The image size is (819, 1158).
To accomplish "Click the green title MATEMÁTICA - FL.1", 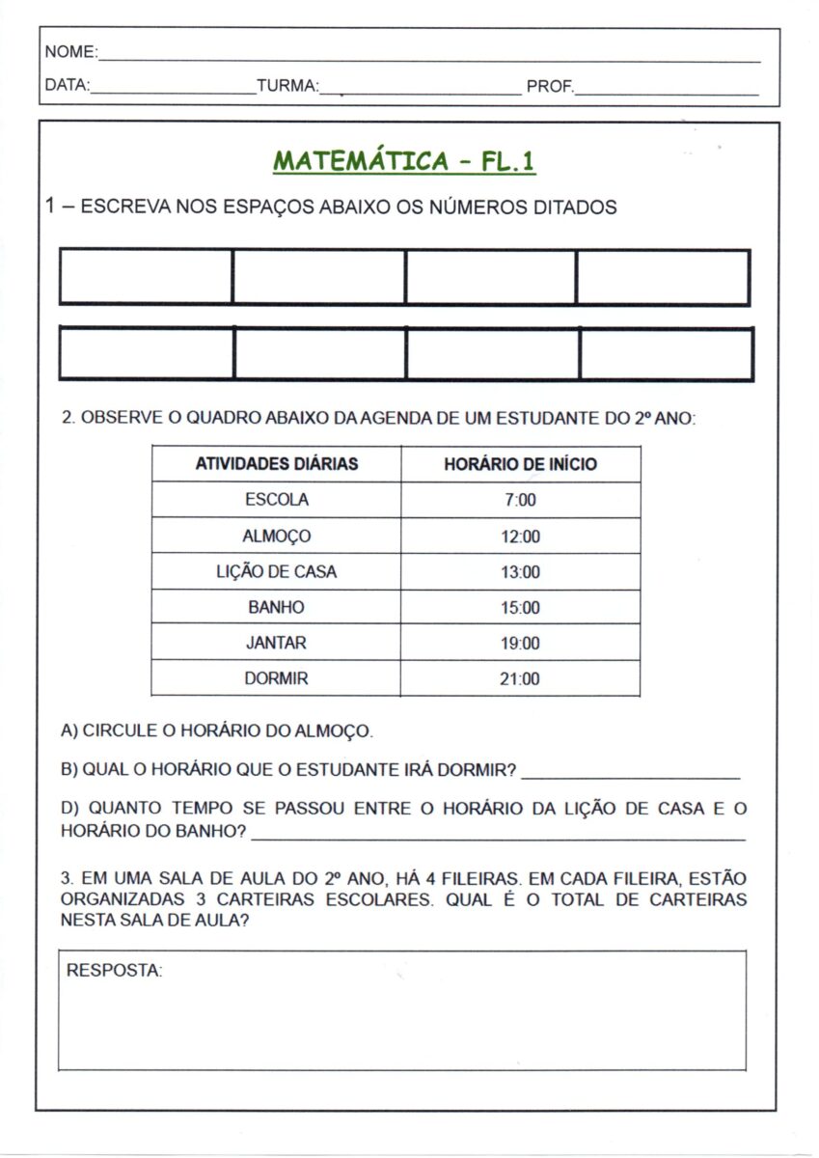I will click(404, 160).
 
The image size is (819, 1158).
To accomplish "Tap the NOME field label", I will click(69, 51).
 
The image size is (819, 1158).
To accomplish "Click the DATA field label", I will click(67, 86).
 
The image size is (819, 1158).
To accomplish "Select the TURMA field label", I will click(287, 87).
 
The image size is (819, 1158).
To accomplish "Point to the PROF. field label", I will click(550, 87).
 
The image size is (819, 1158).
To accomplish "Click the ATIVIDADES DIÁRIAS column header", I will click(277, 464).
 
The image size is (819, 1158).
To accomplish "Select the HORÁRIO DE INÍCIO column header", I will click(520, 464).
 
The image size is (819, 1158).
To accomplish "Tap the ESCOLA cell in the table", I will click(277, 500).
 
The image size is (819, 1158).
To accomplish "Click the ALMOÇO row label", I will click(277, 536).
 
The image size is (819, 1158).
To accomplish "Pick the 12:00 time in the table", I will click(520, 537).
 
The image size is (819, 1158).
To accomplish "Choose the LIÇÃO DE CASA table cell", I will click(277, 571).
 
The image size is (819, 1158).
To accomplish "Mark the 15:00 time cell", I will click(520, 608).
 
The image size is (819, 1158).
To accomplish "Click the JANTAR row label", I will click(277, 643).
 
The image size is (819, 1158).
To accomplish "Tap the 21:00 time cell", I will click(520, 679).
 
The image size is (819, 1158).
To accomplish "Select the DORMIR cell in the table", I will click(277, 678).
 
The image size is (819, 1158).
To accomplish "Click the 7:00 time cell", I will click(520, 500).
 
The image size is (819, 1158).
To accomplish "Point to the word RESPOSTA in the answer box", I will click(114, 971).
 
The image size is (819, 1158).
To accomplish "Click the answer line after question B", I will click(630, 774).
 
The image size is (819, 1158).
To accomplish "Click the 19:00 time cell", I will click(520, 644).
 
